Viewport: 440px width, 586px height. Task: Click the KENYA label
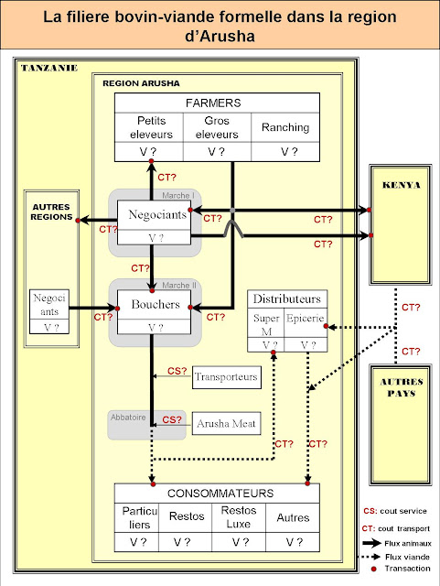point(403,185)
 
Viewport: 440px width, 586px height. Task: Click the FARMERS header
point(217,103)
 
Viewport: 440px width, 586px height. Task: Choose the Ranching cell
point(285,127)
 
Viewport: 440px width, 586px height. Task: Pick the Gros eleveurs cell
point(217,127)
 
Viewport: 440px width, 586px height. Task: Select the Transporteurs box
point(226,375)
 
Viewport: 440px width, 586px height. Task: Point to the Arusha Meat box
point(226,423)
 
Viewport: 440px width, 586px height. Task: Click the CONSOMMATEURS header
point(217,493)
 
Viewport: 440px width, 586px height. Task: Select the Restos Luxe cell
point(238,516)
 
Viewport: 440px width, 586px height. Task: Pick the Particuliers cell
point(135,516)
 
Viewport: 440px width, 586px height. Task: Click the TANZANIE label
point(48,69)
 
